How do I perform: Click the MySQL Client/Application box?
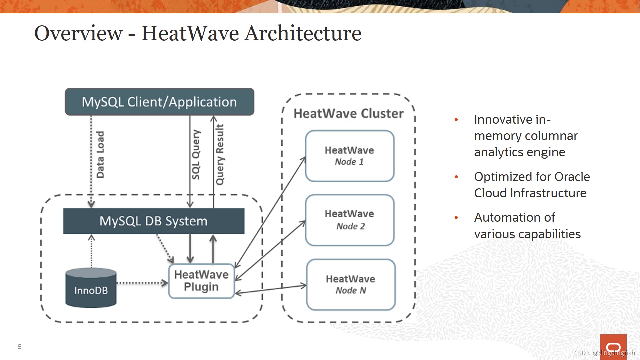(x=159, y=102)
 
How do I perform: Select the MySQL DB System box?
(x=154, y=221)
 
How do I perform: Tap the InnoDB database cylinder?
(x=91, y=288)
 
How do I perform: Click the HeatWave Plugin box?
(x=201, y=281)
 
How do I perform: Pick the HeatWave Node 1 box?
(x=350, y=156)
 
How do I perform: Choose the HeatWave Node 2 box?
(x=350, y=220)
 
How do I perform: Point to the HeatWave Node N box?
(x=351, y=285)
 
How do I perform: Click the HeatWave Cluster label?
(x=348, y=114)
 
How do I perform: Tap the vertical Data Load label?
(x=100, y=155)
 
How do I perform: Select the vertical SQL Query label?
(x=196, y=155)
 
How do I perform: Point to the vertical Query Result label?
(x=220, y=155)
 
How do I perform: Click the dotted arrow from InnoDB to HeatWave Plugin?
(x=142, y=283)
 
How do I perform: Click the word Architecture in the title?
(x=303, y=33)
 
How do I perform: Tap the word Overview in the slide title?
(x=79, y=33)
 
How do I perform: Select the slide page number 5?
(x=20, y=347)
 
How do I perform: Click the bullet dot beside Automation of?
(x=456, y=218)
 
